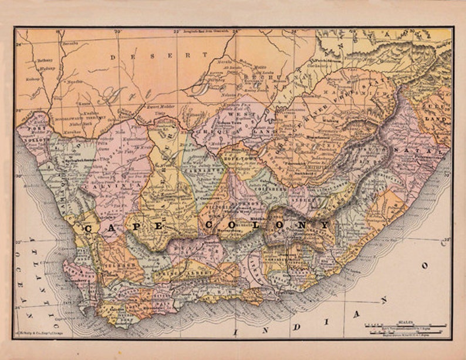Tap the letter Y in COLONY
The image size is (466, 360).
point(324,226)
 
